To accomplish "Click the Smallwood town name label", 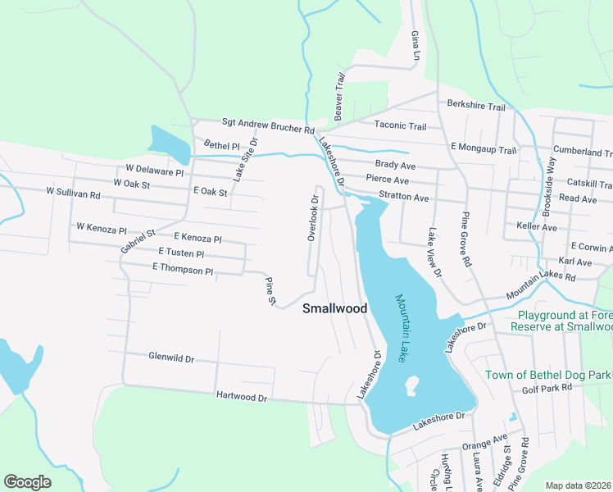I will pyautogui.click(x=334, y=309).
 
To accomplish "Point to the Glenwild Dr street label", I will pyautogui.click(x=171, y=358).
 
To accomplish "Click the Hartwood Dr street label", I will pyautogui.click(x=242, y=397).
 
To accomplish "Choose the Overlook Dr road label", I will pyautogui.click(x=312, y=218).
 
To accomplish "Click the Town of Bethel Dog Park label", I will pyautogui.click(x=548, y=375).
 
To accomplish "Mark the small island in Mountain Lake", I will pyautogui.click(x=411, y=384).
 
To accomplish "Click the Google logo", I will pyautogui.click(x=28, y=481).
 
